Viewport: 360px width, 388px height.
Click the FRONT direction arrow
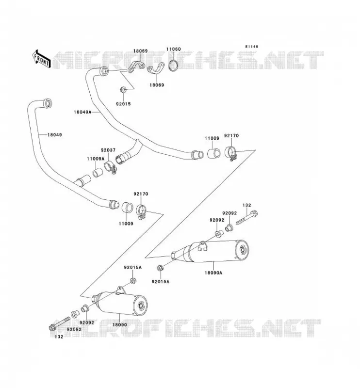point(42,59)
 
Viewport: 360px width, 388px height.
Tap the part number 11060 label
point(173,49)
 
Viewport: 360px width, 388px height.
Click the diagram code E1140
point(252,47)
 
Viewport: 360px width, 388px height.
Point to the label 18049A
point(82,112)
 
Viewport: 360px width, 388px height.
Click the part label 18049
point(55,135)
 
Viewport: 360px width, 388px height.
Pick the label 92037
point(108,150)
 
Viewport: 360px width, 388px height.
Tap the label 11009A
point(96,159)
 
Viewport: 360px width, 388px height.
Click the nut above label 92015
point(123,89)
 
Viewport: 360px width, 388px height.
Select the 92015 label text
point(123,104)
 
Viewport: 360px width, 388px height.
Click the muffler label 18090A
point(213,273)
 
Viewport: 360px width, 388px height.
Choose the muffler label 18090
point(120,324)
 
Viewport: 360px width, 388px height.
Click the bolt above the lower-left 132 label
point(59,323)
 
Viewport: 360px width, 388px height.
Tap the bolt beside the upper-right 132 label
point(247,218)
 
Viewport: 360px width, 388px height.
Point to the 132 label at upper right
point(247,205)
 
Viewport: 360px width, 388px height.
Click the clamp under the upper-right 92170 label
point(231,153)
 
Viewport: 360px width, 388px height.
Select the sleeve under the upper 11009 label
point(213,153)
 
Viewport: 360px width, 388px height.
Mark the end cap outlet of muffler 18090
point(141,306)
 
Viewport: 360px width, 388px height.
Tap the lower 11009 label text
point(126,224)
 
